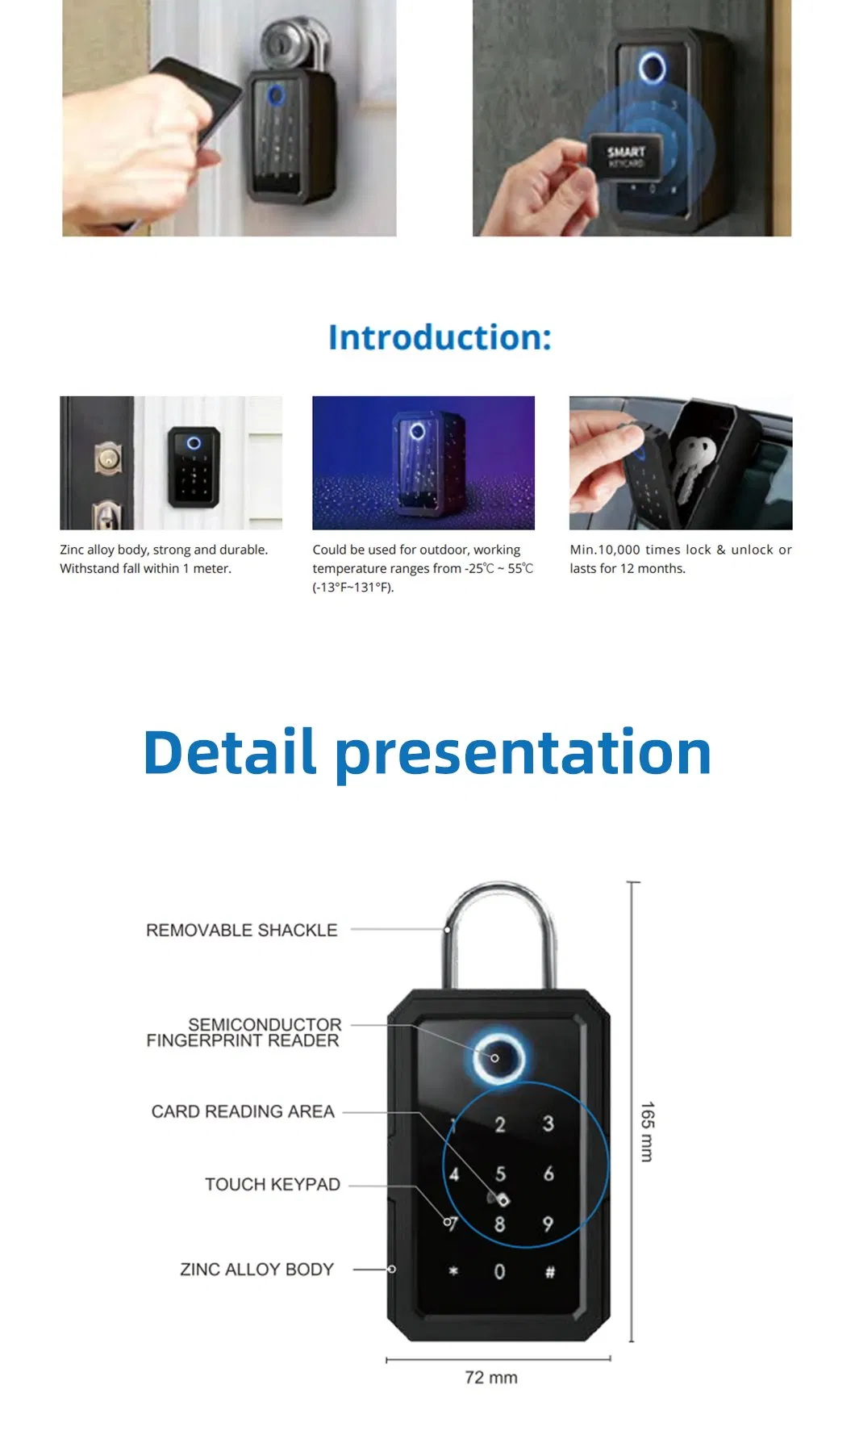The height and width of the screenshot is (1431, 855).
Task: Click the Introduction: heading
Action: click(440, 337)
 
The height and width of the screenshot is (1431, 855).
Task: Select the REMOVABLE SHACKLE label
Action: click(241, 930)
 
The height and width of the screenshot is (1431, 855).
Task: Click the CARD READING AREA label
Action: click(243, 1111)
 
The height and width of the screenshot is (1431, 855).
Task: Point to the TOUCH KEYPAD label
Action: click(272, 1184)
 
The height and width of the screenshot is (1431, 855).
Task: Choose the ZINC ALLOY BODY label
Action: click(256, 1269)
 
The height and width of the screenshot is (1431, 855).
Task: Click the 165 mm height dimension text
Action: click(647, 1131)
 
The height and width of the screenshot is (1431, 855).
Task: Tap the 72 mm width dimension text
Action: click(490, 1377)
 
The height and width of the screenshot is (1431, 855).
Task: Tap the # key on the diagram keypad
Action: click(549, 1272)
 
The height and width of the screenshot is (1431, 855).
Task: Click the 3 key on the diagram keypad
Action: click(548, 1123)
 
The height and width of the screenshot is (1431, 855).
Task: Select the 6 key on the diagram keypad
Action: click(548, 1173)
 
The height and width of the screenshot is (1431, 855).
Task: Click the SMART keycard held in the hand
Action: click(624, 157)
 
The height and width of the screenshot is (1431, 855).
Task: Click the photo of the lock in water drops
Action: click(423, 462)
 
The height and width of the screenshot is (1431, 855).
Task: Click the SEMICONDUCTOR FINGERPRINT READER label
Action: click(244, 1032)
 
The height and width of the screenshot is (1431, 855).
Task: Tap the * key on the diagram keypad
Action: click(453, 1270)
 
